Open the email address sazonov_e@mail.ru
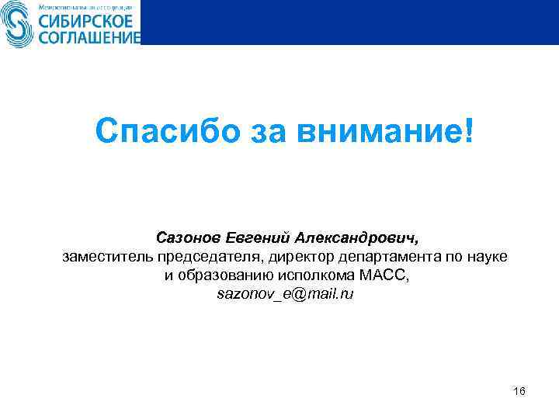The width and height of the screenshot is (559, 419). [x=285, y=296]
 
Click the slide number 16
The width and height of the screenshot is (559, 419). [x=519, y=391]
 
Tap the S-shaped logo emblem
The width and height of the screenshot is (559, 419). [x=15, y=23]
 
